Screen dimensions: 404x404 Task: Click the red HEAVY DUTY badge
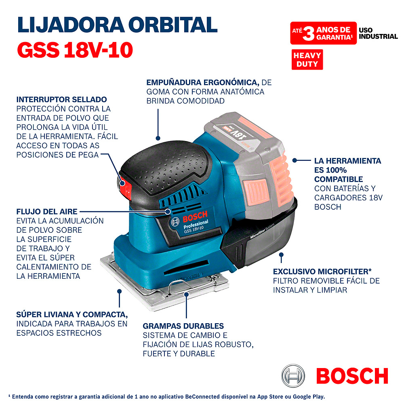(307, 59)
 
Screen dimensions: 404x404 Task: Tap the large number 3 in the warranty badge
(308, 34)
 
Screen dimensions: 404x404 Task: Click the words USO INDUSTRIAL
(378, 33)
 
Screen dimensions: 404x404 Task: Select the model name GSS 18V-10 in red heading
(75, 50)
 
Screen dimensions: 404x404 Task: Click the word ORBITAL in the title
(173, 25)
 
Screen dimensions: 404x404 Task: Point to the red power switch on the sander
(125, 188)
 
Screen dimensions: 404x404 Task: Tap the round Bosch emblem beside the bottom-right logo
(293, 376)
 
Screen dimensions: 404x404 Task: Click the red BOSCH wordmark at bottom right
(352, 376)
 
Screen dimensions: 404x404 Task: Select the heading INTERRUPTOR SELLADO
(61, 99)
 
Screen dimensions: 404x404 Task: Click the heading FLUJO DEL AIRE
(47, 212)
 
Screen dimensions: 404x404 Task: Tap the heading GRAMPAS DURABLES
(183, 326)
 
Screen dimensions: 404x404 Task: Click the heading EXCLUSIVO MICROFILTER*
(322, 271)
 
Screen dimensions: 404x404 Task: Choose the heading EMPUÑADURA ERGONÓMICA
(203, 82)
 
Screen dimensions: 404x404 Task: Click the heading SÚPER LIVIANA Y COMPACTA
(72, 315)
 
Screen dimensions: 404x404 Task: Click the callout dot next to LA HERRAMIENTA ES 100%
(295, 160)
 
